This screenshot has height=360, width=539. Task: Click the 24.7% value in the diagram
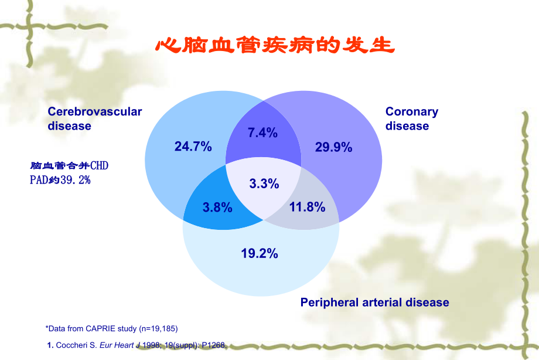(x=193, y=147)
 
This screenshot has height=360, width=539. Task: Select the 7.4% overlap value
(x=262, y=133)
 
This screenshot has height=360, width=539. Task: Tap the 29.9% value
(x=333, y=147)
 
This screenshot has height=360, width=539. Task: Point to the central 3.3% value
(x=264, y=184)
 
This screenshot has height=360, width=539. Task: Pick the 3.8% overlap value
(x=217, y=207)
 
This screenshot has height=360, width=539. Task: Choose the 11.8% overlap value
(x=307, y=207)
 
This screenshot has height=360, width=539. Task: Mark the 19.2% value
(x=259, y=253)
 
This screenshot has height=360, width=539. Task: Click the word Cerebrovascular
(x=94, y=111)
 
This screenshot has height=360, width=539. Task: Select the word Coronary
(x=411, y=111)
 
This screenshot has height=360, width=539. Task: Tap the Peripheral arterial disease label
(x=374, y=303)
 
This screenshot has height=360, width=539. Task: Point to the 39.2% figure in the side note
(x=76, y=180)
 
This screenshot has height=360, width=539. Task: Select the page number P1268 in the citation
(x=213, y=345)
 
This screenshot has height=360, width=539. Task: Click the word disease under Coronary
(x=407, y=126)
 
